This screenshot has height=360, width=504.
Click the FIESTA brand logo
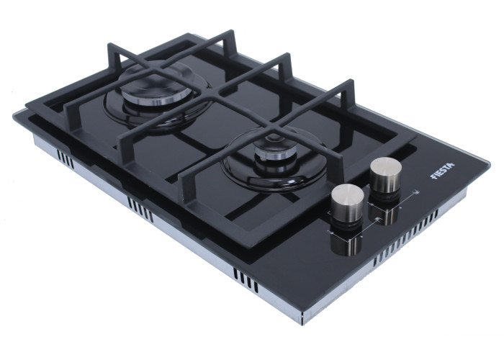pyautogui.click(x=442, y=170)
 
